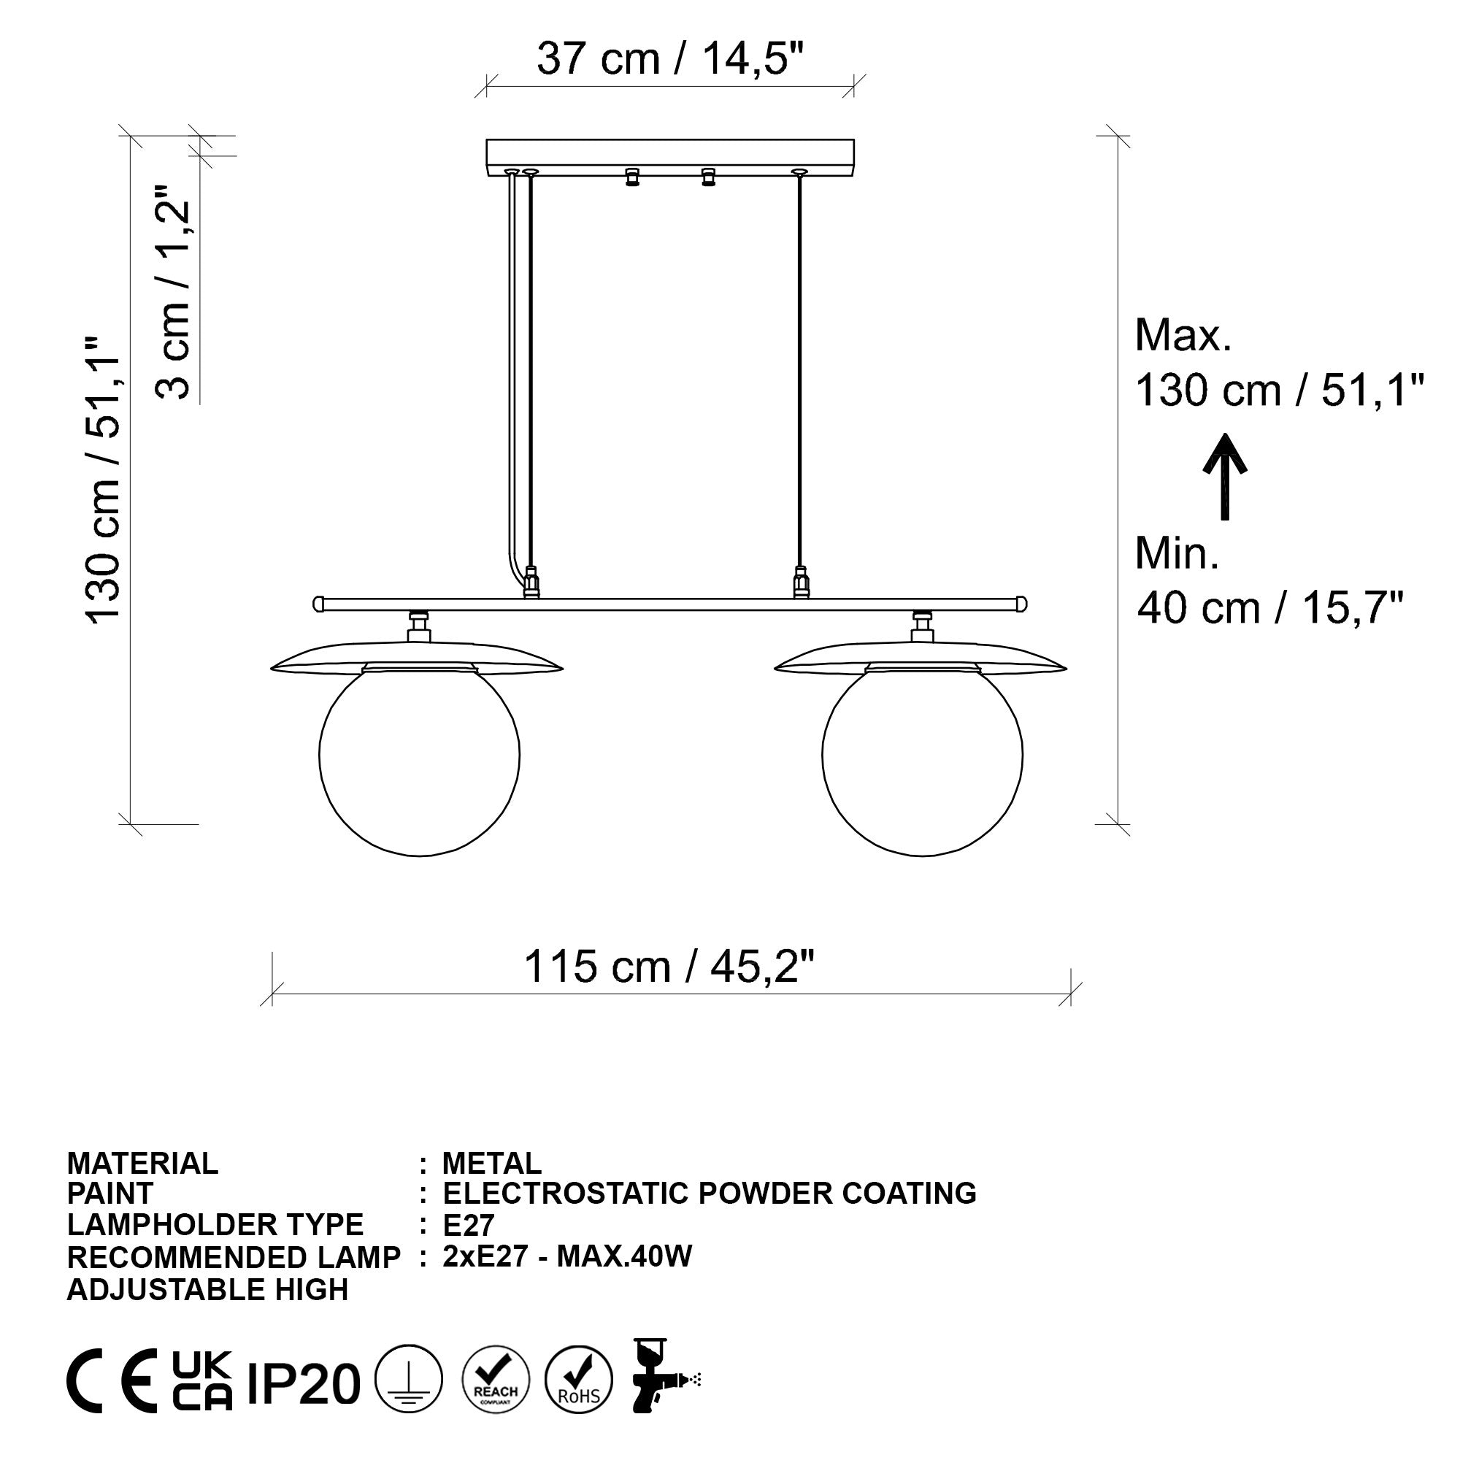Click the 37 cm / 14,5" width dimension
coord(669,58)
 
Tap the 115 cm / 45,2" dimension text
coord(669,967)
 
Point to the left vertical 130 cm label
coord(104,480)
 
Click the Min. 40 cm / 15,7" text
coord(1269,580)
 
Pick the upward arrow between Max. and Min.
coord(1224,476)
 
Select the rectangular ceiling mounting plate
coord(669,157)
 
